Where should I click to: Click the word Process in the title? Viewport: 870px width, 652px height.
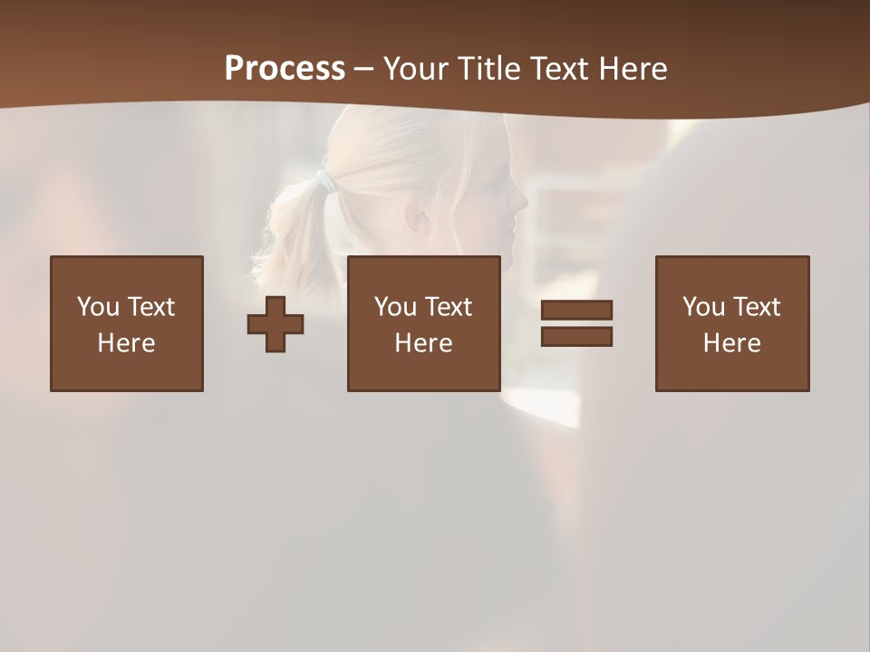(285, 69)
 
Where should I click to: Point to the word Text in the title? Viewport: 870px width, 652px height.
(558, 69)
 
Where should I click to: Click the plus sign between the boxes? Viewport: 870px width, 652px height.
(275, 324)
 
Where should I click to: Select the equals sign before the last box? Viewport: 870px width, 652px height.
(576, 323)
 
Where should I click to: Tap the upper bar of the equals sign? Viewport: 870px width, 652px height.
(576, 311)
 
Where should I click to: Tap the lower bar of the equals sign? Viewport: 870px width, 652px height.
(576, 336)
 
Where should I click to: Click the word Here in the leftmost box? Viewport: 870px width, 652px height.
(127, 343)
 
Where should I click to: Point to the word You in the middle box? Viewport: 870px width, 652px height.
(395, 307)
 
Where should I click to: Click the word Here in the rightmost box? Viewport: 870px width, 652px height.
(732, 343)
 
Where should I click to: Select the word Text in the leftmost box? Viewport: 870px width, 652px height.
(150, 307)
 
